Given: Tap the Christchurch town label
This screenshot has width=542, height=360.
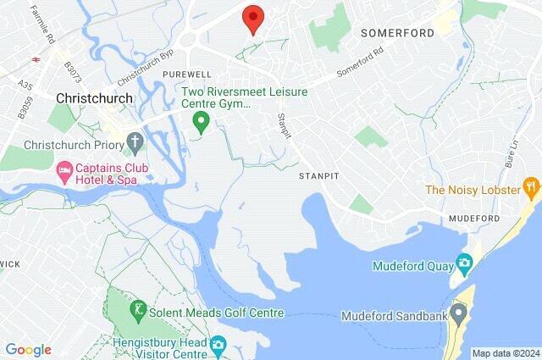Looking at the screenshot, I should point(94,98).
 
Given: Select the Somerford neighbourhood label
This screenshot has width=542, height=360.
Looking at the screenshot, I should point(397,33).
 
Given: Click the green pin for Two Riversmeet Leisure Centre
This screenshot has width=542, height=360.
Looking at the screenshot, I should point(201,123).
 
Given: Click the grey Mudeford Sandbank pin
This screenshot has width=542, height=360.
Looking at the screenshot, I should point(458,316).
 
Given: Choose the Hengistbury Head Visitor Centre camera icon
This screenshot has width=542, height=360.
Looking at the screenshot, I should point(218,344).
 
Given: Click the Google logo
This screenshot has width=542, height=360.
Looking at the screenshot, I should point(28,350).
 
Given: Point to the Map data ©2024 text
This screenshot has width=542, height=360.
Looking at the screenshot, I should point(505,353).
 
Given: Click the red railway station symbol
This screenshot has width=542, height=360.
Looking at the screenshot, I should point(36,60).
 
